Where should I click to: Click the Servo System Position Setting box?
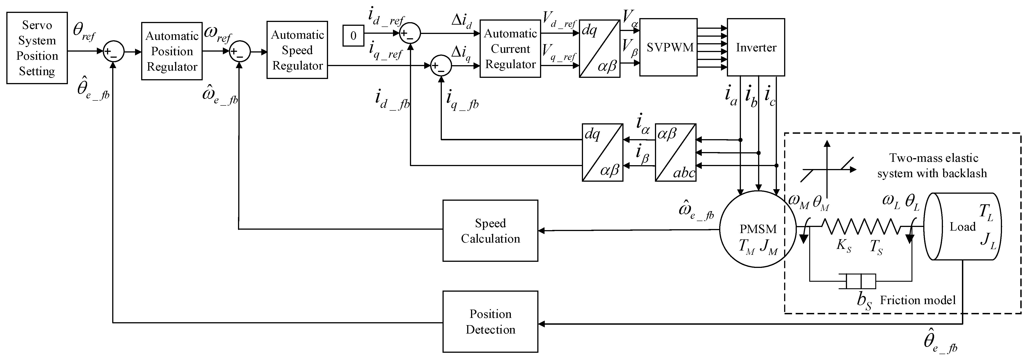(x=37, y=48)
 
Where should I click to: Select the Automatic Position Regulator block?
(x=172, y=51)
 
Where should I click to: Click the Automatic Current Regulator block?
(x=510, y=49)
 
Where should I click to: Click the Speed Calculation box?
(x=490, y=231)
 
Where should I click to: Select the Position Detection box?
(x=490, y=322)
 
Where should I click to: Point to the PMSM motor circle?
(x=757, y=229)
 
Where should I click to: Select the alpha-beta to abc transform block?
(x=675, y=153)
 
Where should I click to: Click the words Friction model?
(x=918, y=300)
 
